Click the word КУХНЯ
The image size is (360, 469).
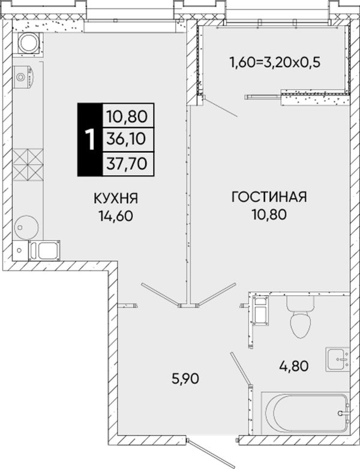pyautogui.click(x=116, y=198)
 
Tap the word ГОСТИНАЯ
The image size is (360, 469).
pyautogui.click(x=269, y=197)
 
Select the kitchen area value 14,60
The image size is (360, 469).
pyautogui.click(x=116, y=215)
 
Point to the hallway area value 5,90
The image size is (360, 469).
pyautogui.click(x=185, y=378)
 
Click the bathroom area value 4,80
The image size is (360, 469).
pyautogui.click(x=293, y=365)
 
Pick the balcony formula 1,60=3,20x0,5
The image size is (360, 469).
pyautogui.click(x=275, y=62)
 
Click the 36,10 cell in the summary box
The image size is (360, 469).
pyautogui.click(x=128, y=139)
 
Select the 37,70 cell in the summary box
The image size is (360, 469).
pyautogui.click(x=128, y=164)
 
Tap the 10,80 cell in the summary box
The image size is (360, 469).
pyautogui.click(x=128, y=116)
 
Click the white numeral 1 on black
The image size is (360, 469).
pyautogui.click(x=90, y=139)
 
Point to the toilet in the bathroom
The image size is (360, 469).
pyautogui.click(x=301, y=317)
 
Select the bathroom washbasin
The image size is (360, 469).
pyautogui.click(x=338, y=359)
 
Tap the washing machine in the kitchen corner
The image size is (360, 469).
pyautogui.click(x=28, y=43)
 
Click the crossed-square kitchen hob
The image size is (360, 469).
pyautogui.click(x=28, y=165)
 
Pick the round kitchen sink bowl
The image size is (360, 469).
pyautogui.click(x=26, y=227)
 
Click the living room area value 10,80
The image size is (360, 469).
pyautogui.click(x=269, y=215)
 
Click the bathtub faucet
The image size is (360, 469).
pyautogui.click(x=344, y=413)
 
